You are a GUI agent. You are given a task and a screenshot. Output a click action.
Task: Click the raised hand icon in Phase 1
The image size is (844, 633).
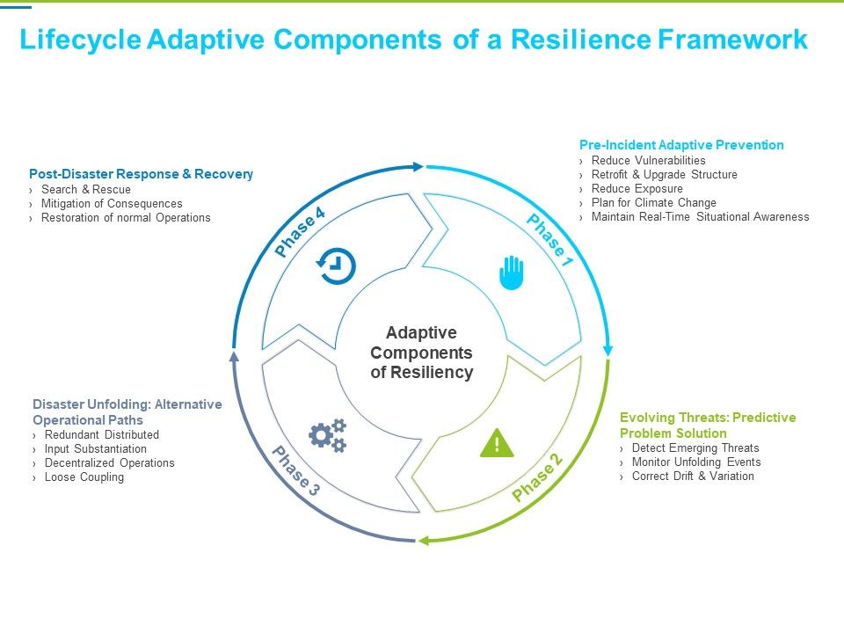512,272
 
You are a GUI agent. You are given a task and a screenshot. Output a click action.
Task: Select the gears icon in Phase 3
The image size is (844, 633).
327,435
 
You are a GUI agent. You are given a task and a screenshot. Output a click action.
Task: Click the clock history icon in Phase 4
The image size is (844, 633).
337,266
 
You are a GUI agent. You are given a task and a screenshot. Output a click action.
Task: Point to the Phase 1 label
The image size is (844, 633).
549,241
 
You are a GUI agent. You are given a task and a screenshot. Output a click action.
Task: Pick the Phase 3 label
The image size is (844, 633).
295,472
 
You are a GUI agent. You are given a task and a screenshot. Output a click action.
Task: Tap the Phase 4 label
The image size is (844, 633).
300,232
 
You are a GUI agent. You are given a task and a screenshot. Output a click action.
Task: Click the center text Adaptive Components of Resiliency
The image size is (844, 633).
421,353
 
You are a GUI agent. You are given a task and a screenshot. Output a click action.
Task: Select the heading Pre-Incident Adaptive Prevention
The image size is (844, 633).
681,145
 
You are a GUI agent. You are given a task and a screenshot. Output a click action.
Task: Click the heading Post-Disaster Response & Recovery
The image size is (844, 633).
141,174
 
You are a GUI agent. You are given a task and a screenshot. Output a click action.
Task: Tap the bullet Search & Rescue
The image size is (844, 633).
85,189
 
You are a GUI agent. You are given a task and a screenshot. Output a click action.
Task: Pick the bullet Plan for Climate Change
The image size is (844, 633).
653,202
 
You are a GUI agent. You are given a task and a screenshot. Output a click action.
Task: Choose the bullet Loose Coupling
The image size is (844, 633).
84,477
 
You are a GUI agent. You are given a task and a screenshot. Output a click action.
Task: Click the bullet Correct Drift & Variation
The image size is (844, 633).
693,476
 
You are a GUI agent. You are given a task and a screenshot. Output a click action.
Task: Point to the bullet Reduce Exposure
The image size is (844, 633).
637,188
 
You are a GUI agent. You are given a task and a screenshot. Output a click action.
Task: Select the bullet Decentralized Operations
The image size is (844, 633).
109,462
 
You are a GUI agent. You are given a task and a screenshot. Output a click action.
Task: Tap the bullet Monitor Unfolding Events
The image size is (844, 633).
696,462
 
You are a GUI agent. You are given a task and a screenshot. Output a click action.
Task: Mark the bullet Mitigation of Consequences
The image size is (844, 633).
112,203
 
